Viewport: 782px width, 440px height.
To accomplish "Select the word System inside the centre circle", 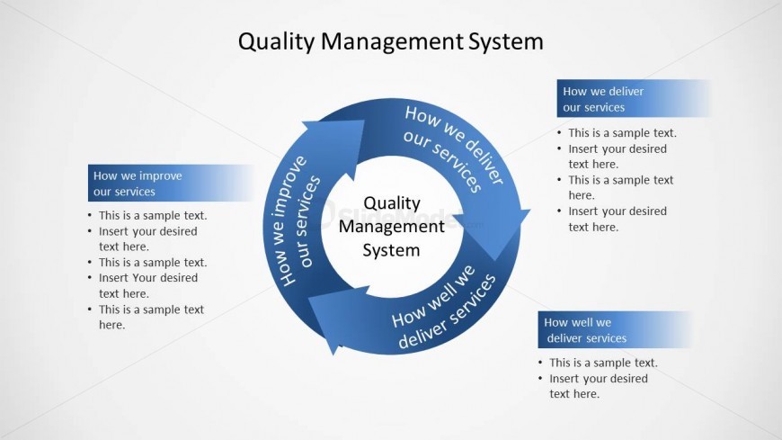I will tap(391, 250).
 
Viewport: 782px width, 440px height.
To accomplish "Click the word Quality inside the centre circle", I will tap(391, 203).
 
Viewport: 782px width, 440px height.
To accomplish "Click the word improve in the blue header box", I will tap(162, 175).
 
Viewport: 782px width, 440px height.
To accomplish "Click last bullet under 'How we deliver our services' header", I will tap(617, 219).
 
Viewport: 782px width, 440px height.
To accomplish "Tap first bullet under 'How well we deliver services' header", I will tap(603, 363).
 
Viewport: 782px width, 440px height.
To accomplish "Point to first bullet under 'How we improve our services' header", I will tap(153, 215).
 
